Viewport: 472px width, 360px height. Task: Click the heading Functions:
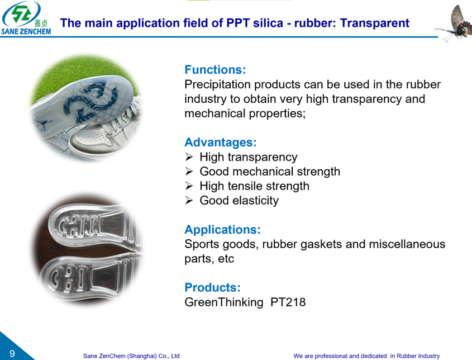[x=215, y=70]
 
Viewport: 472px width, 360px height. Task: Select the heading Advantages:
[x=221, y=143]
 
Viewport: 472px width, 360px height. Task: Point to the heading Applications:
[x=222, y=230]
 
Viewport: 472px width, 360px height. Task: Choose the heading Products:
[x=212, y=288]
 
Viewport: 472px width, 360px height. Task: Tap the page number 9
[x=11, y=353]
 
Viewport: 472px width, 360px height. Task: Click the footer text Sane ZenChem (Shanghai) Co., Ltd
[x=131, y=356]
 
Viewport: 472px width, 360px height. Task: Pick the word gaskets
[x=327, y=244]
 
